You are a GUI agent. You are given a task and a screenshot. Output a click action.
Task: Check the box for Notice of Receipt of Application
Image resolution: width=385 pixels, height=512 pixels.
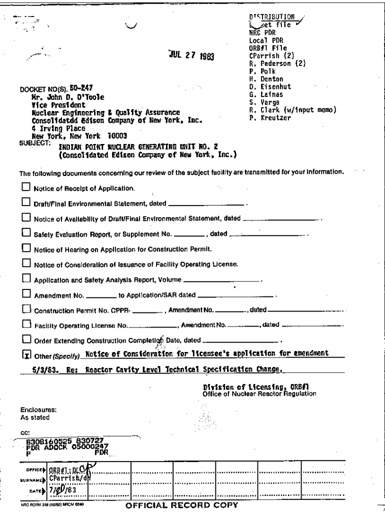point(26,188)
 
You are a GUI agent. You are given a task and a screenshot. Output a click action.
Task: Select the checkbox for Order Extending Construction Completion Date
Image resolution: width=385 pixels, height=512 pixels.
point(26,339)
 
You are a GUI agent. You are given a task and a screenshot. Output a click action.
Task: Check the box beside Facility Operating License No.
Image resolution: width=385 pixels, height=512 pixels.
point(26,324)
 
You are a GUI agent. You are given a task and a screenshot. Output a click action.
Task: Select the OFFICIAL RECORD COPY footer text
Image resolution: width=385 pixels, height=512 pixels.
point(182,505)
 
